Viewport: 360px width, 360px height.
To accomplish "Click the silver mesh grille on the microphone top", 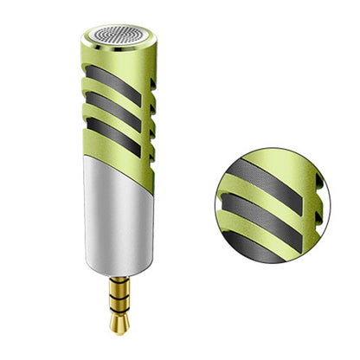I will click(x=120, y=36).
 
